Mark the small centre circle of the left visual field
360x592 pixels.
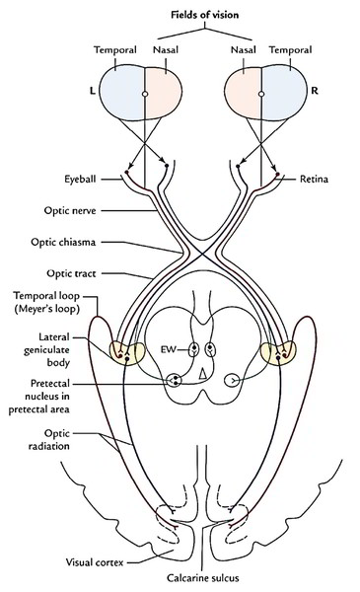[x=145, y=94]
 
